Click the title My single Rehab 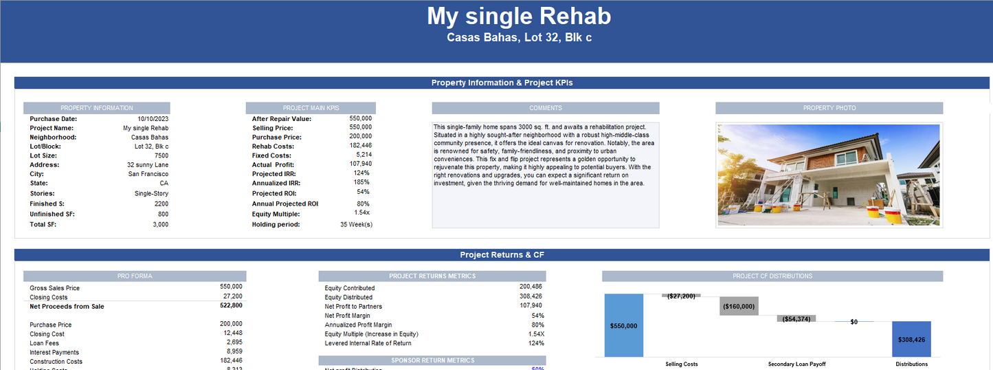coord(519,17)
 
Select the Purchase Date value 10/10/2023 coord(153,119)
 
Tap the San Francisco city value coord(148,174)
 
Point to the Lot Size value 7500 coord(161,155)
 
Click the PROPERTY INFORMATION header coord(97,108)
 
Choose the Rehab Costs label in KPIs coord(274,146)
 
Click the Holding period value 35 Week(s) coord(356,224)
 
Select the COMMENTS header coord(546,108)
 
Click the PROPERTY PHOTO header coord(829,108)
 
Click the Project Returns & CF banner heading coord(502,255)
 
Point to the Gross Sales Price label coord(54,288)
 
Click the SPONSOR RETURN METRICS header coord(432,360)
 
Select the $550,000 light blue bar coord(624,325)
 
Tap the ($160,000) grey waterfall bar coord(739,307)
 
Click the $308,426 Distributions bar coord(911,339)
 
